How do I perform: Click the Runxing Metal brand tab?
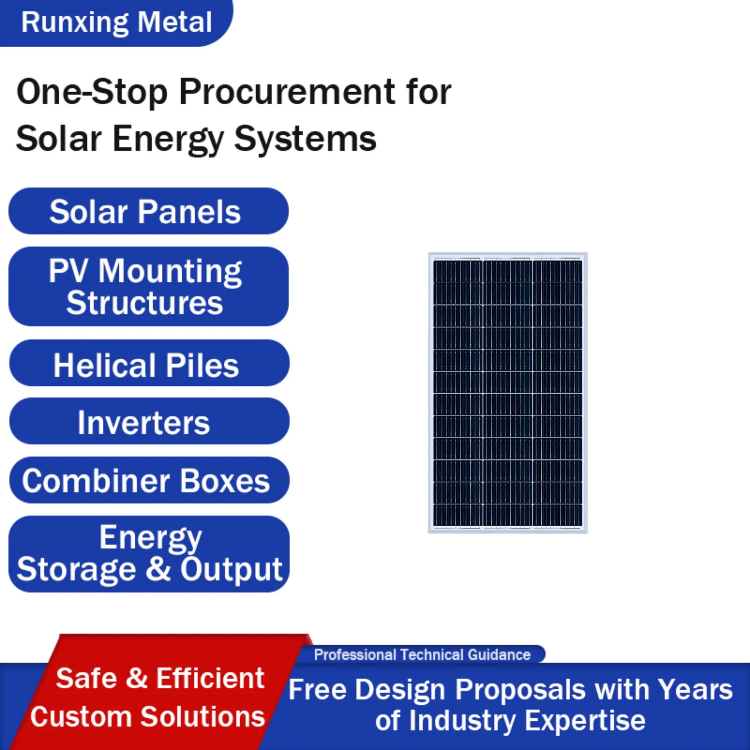pyautogui.click(x=116, y=22)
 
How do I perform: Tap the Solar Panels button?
pyautogui.click(x=148, y=211)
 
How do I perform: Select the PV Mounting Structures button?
pyautogui.click(x=148, y=286)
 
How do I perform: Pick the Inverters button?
pyautogui.click(x=148, y=422)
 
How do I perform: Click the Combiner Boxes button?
pyautogui.click(x=148, y=480)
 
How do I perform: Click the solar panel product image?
pyautogui.click(x=507, y=393)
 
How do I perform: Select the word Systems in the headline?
pyautogui.click(x=305, y=139)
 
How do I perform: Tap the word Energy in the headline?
pyautogui.click(x=168, y=139)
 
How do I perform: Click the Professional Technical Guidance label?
pyautogui.click(x=422, y=655)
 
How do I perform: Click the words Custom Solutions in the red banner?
pyautogui.click(x=148, y=717)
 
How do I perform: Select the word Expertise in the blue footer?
pyautogui.click(x=584, y=720)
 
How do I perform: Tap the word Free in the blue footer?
pyautogui.click(x=317, y=690)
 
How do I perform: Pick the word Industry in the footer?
pyautogui.click(x=462, y=720)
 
